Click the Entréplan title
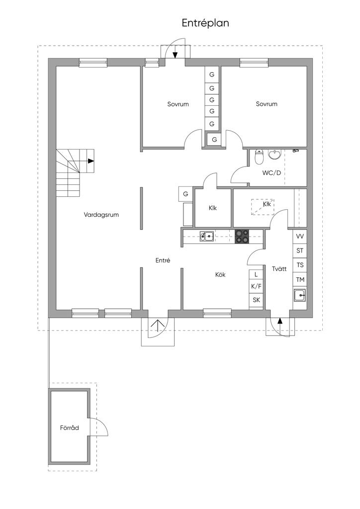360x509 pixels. (205, 23)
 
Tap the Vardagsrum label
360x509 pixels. (101, 215)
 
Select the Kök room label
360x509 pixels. (220, 274)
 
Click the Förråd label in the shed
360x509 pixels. (70, 427)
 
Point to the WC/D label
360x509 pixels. (271, 173)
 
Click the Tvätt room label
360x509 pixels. (279, 269)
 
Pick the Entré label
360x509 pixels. (163, 260)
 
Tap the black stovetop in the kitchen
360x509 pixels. (242, 236)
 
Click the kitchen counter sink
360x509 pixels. (206, 236)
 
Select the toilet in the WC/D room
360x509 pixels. (259, 157)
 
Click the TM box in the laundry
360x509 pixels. (300, 279)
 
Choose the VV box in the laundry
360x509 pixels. (300, 236)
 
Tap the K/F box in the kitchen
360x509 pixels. (256, 286)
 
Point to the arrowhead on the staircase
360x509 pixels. (91, 161)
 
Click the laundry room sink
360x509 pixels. (300, 295)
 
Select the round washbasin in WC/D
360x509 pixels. (275, 155)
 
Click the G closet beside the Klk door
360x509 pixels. (185, 194)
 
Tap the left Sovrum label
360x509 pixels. (178, 104)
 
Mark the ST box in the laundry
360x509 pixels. (300, 251)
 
